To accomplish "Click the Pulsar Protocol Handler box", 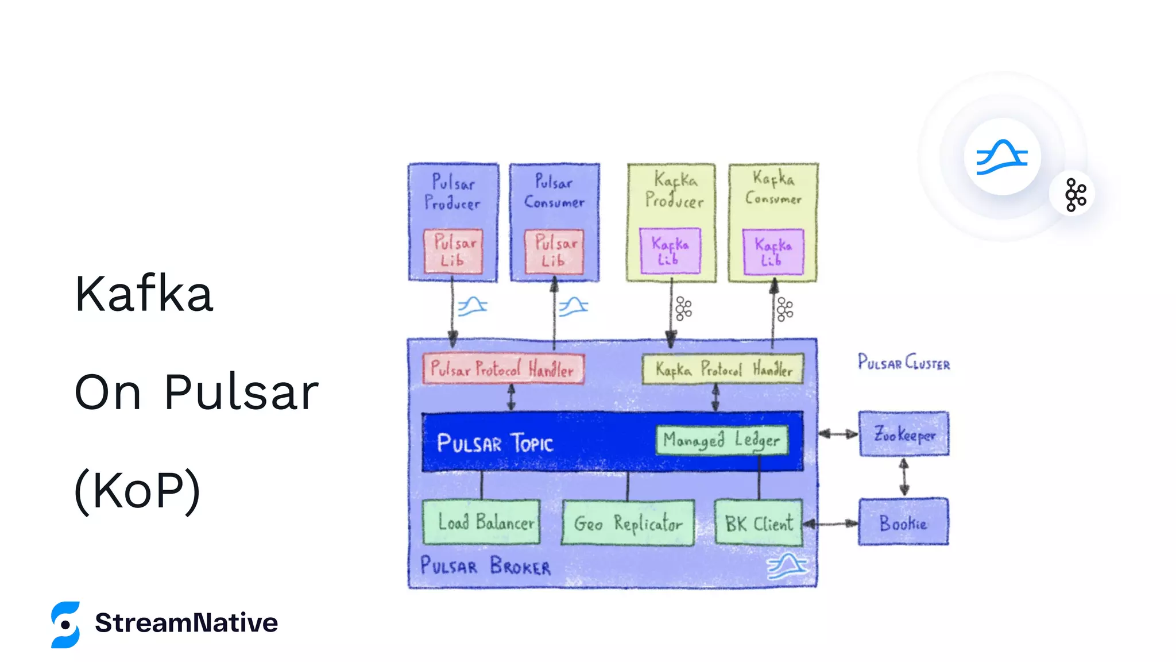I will point(503,368).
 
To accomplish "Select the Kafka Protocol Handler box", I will point(722,368).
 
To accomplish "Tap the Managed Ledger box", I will point(722,440).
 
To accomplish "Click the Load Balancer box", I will point(481,522).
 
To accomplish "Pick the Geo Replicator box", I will point(628,523).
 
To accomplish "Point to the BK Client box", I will point(758,522).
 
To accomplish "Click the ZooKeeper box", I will point(904,434).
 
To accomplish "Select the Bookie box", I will point(903,522).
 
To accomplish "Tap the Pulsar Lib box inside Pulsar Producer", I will point(453,252).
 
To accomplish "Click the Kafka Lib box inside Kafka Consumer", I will point(773,252).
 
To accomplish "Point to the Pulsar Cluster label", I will point(904,363).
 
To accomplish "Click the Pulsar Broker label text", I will point(485,566).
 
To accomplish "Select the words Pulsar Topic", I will point(494,443).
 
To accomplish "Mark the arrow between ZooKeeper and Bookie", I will point(904,477).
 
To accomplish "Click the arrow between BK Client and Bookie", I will point(831,524).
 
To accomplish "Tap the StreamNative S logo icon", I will point(65,625).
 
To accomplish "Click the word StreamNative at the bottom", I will point(186,623).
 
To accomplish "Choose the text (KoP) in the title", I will point(138,490).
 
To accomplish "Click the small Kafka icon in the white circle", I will point(1075,195).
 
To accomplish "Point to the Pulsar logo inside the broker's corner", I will point(787,567).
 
